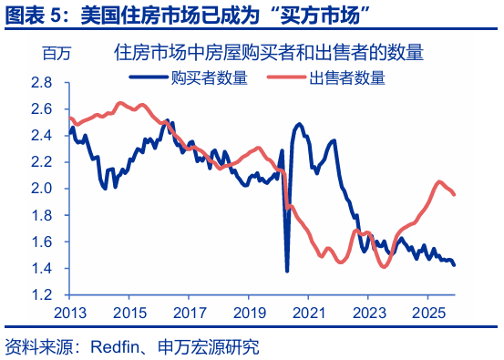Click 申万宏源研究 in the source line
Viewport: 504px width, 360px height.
[x=210, y=346]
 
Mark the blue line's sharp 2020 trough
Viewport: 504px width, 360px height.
[x=287, y=271]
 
